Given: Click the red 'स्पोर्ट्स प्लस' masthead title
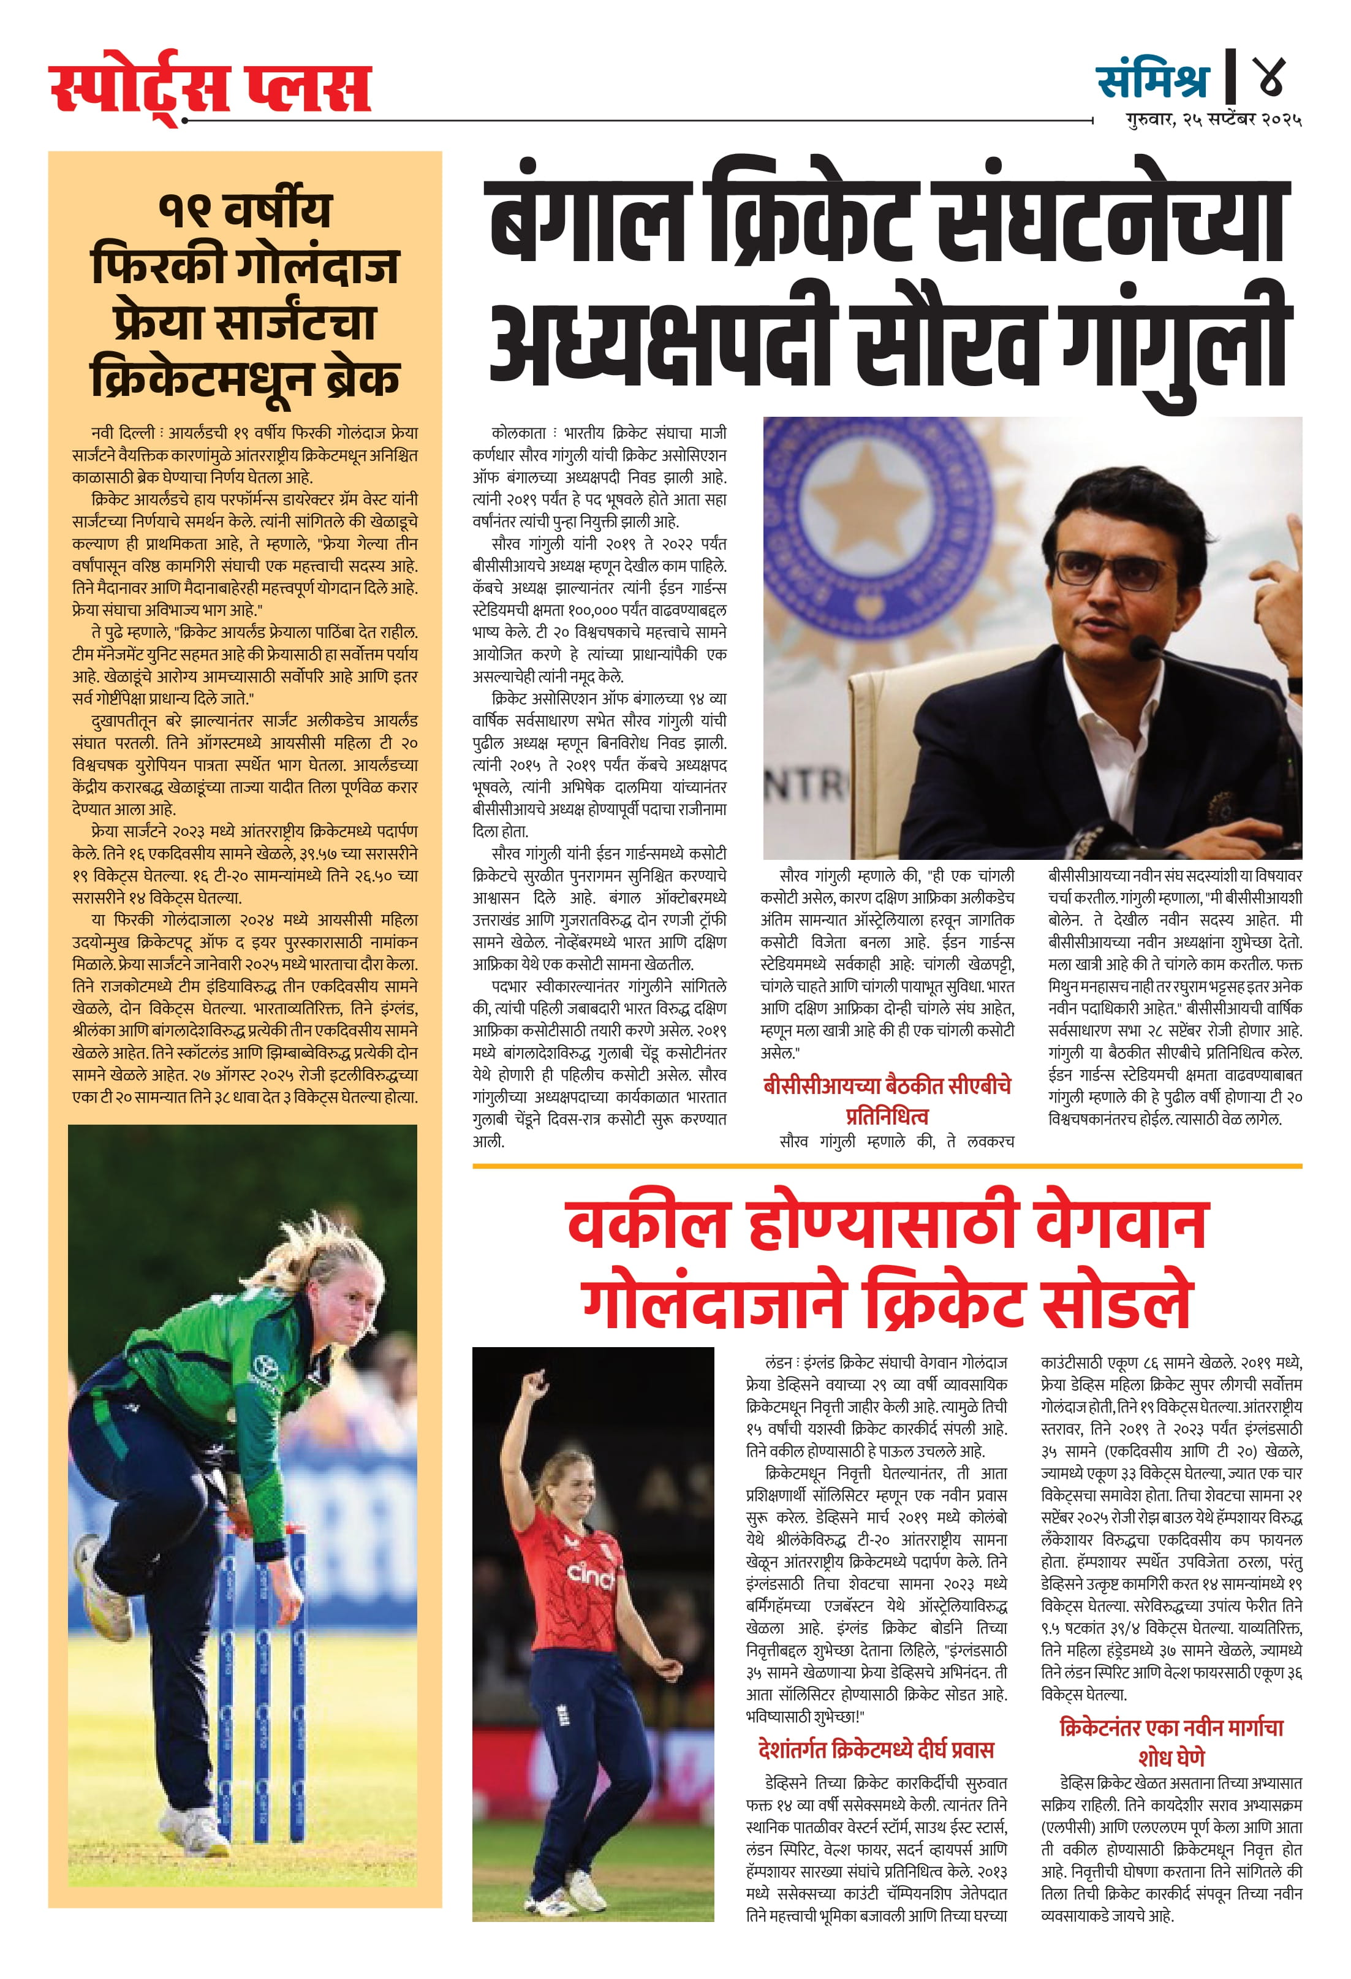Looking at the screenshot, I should click(x=210, y=88).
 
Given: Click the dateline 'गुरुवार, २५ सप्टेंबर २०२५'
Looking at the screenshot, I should click(x=1214, y=120).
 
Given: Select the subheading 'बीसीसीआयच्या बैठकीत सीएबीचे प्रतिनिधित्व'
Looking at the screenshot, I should click(x=887, y=1101).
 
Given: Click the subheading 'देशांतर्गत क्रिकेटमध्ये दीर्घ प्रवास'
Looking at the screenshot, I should click(x=876, y=1750).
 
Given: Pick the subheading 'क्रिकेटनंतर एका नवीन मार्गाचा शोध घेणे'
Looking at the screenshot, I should click(x=1171, y=1741).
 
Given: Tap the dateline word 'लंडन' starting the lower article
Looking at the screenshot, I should click(x=778, y=1363).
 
